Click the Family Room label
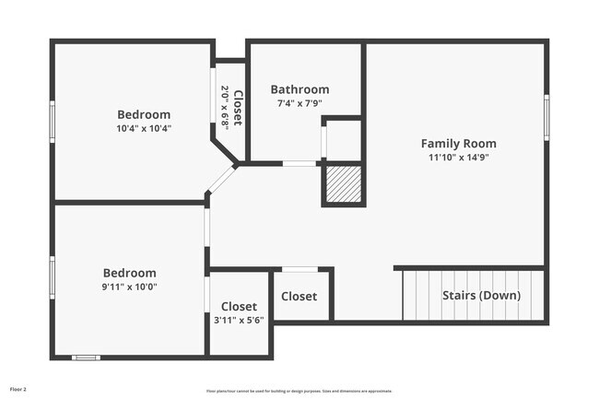point(458,143)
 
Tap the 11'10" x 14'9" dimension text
point(458,158)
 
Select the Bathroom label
point(299,89)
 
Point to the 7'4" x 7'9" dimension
point(299,103)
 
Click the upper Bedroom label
point(143,114)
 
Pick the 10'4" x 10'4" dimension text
point(143,128)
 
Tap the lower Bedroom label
point(129,273)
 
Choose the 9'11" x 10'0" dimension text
point(129,287)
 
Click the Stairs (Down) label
point(481,296)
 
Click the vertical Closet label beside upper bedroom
point(238,108)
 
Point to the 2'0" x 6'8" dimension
point(225,107)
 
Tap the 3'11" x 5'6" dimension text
point(239,321)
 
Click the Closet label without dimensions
point(299,297)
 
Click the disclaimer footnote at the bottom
point(299,390)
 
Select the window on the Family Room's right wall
point(546,115)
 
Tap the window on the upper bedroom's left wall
point(53,118)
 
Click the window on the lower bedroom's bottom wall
point(86,357)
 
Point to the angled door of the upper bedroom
point(221,179)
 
